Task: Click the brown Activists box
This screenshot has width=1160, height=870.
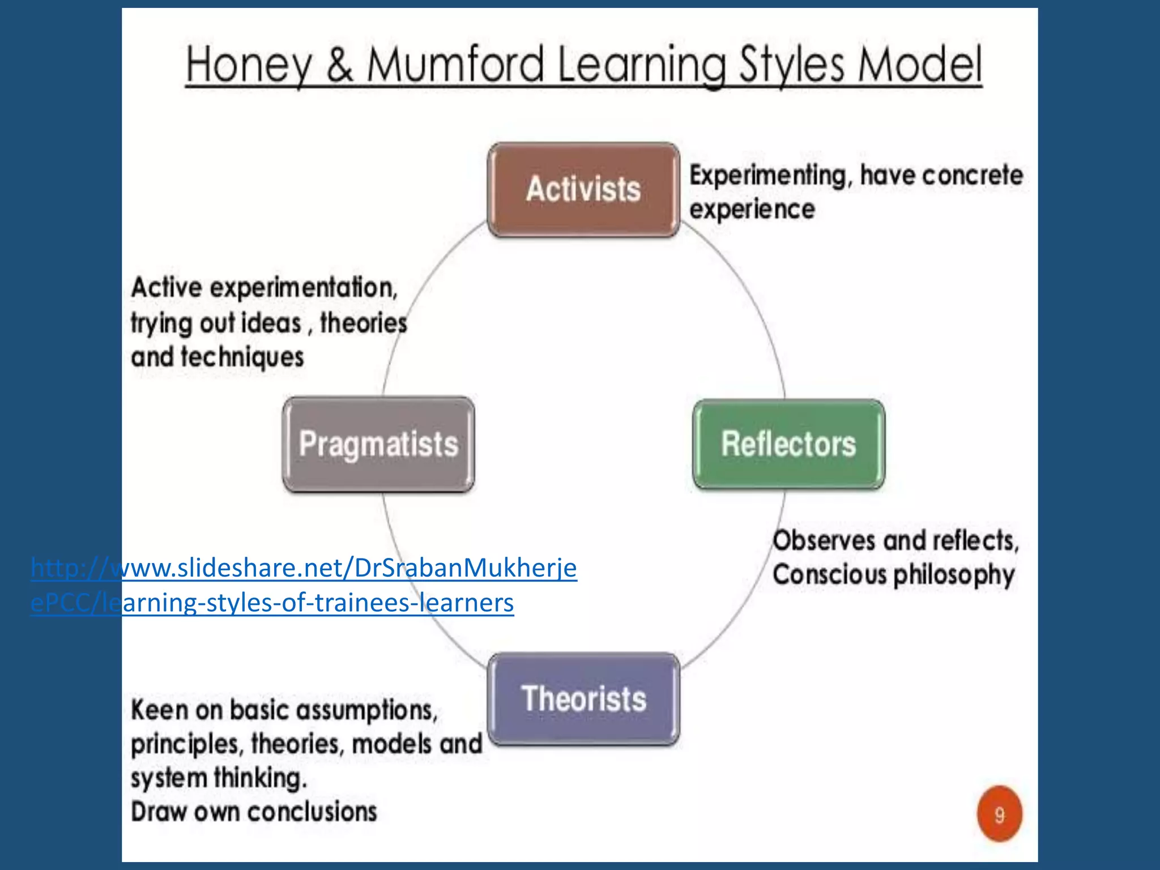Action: coord(583,189)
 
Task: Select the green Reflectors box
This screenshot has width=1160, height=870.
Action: coord(788,443)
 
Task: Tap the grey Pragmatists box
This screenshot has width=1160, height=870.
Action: coord(378,443)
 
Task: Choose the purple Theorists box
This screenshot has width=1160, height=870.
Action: coord(583,698)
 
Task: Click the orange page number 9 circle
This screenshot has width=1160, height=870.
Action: coord(1000,814)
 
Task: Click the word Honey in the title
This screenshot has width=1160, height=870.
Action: coord(249,65)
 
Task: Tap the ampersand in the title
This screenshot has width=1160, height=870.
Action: coord(339,65)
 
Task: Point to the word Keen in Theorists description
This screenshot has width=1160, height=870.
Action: coord(159,710)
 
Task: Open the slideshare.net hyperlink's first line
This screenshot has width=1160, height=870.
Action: coord(304,568)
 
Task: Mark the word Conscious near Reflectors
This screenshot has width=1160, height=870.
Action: coord(829,575)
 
